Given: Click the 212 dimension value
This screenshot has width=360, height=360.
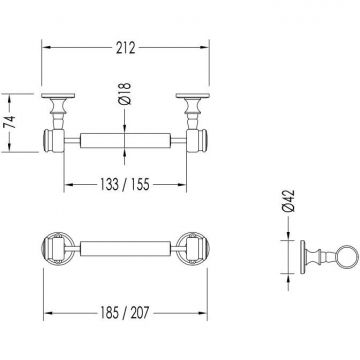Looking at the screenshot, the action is [x=126, y=48].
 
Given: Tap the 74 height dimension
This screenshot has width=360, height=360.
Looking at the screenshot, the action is [x=10, y=122].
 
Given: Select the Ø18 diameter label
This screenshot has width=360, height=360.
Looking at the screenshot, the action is [x=124, y=94].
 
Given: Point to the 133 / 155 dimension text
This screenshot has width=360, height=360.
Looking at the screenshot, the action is [x=125, y=184].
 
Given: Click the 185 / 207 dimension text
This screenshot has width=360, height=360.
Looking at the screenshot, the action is [x=125, y=313].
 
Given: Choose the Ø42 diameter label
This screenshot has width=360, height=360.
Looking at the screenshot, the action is [x=288, y=201].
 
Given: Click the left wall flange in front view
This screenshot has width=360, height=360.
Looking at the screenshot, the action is [x=58, y=96].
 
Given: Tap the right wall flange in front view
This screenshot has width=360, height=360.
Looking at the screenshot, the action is [x=193, y=96].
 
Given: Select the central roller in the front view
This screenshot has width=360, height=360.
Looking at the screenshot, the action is [x=125, y=141].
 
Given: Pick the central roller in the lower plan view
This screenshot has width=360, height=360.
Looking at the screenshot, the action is [x=125, y=248].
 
